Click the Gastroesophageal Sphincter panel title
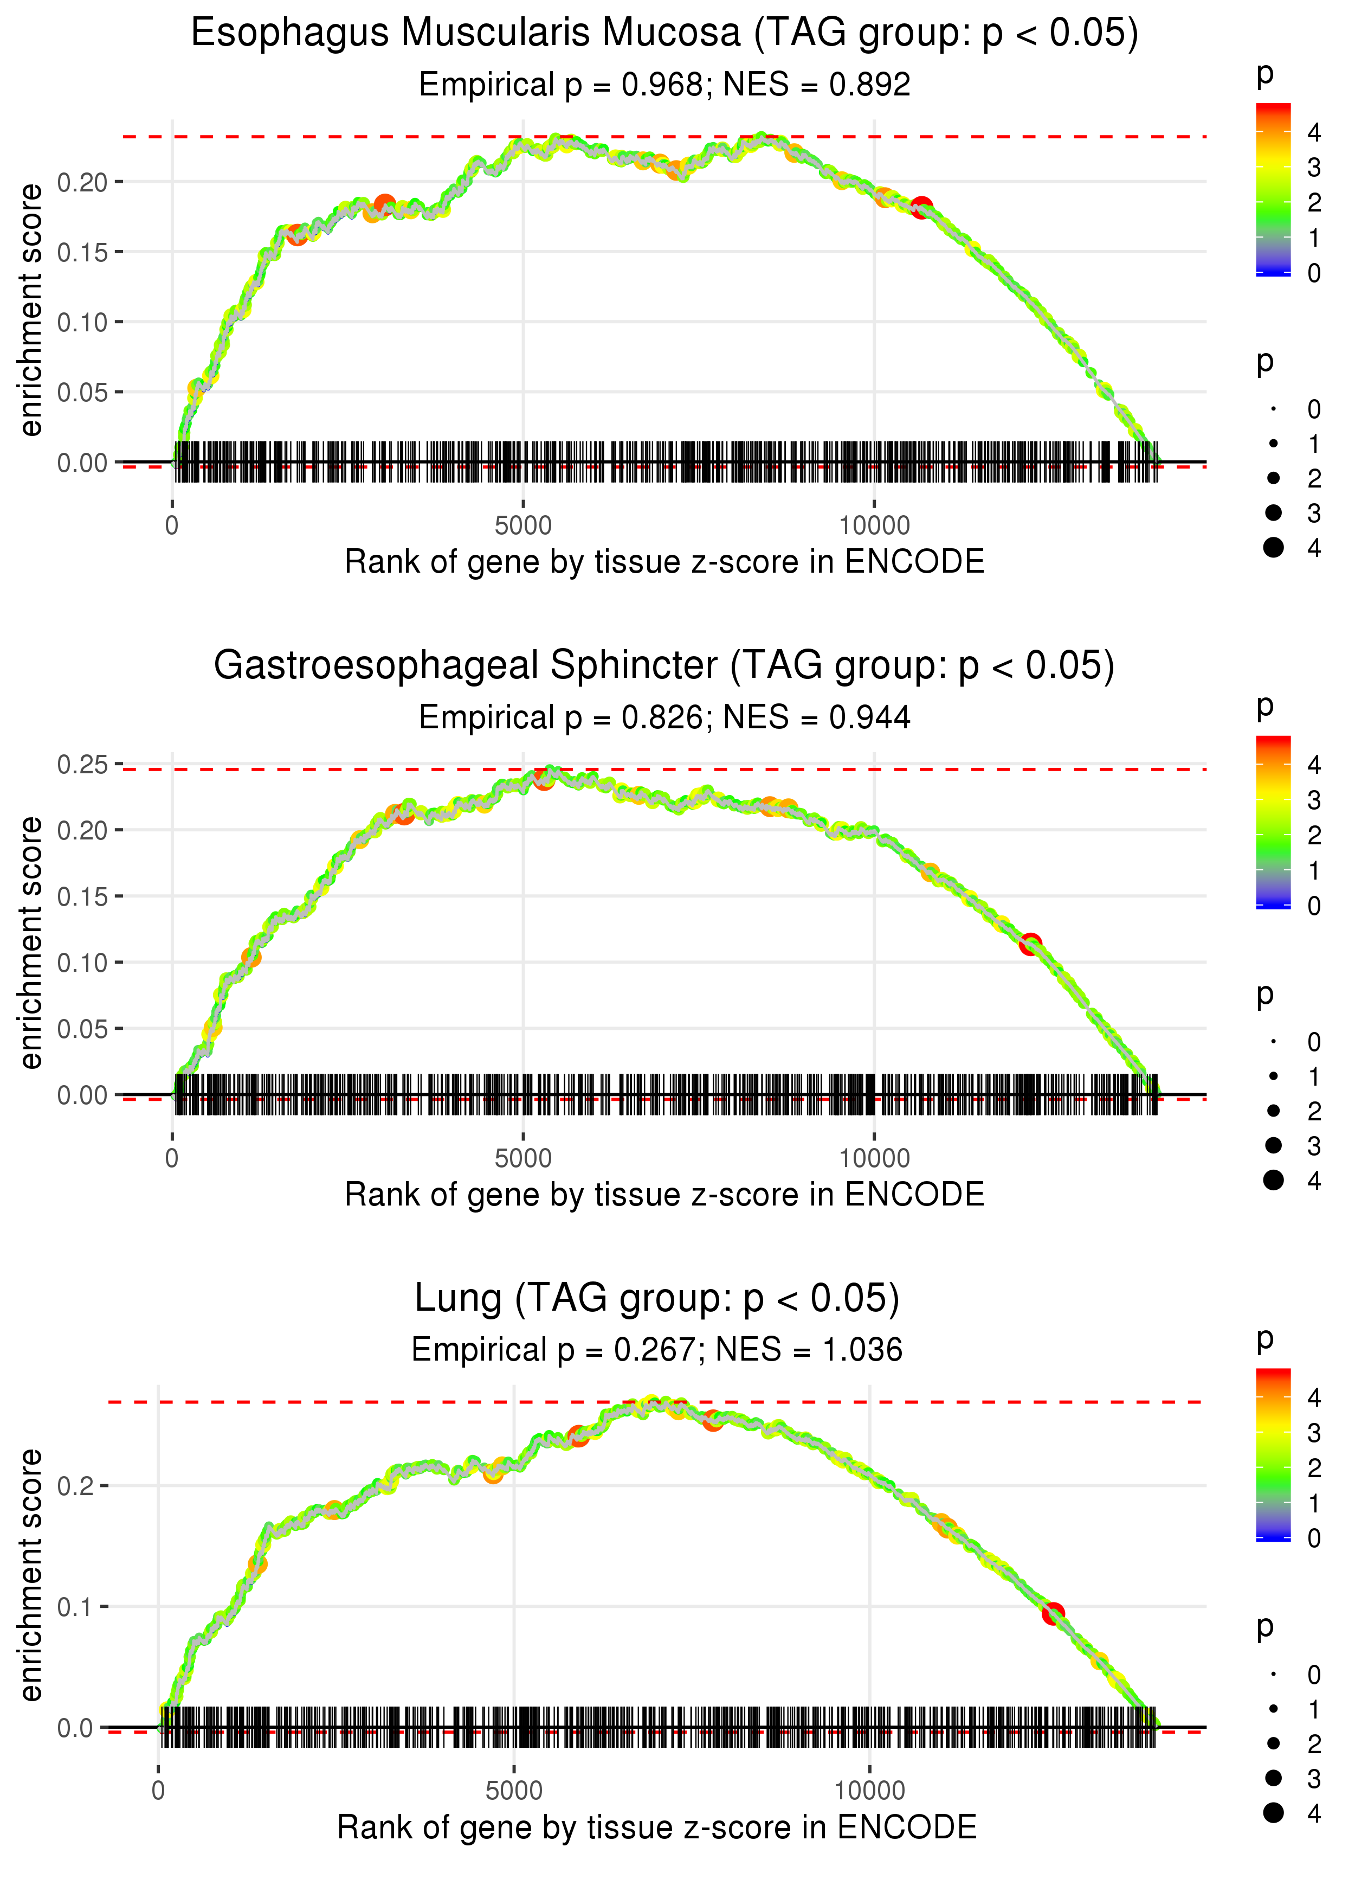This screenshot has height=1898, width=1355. point(664,666)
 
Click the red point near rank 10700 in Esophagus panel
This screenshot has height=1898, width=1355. point(921,208)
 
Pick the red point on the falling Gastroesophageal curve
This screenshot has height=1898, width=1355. point(1030,944)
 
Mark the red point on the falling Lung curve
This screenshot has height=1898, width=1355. point(1053,1613)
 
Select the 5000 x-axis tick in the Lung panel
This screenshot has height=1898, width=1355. point(514,1790)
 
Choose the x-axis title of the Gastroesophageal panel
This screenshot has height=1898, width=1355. point(664,1195)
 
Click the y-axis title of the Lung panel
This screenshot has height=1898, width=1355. point(31,1574)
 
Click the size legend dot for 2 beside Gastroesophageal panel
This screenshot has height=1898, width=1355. point(1273,1110)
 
